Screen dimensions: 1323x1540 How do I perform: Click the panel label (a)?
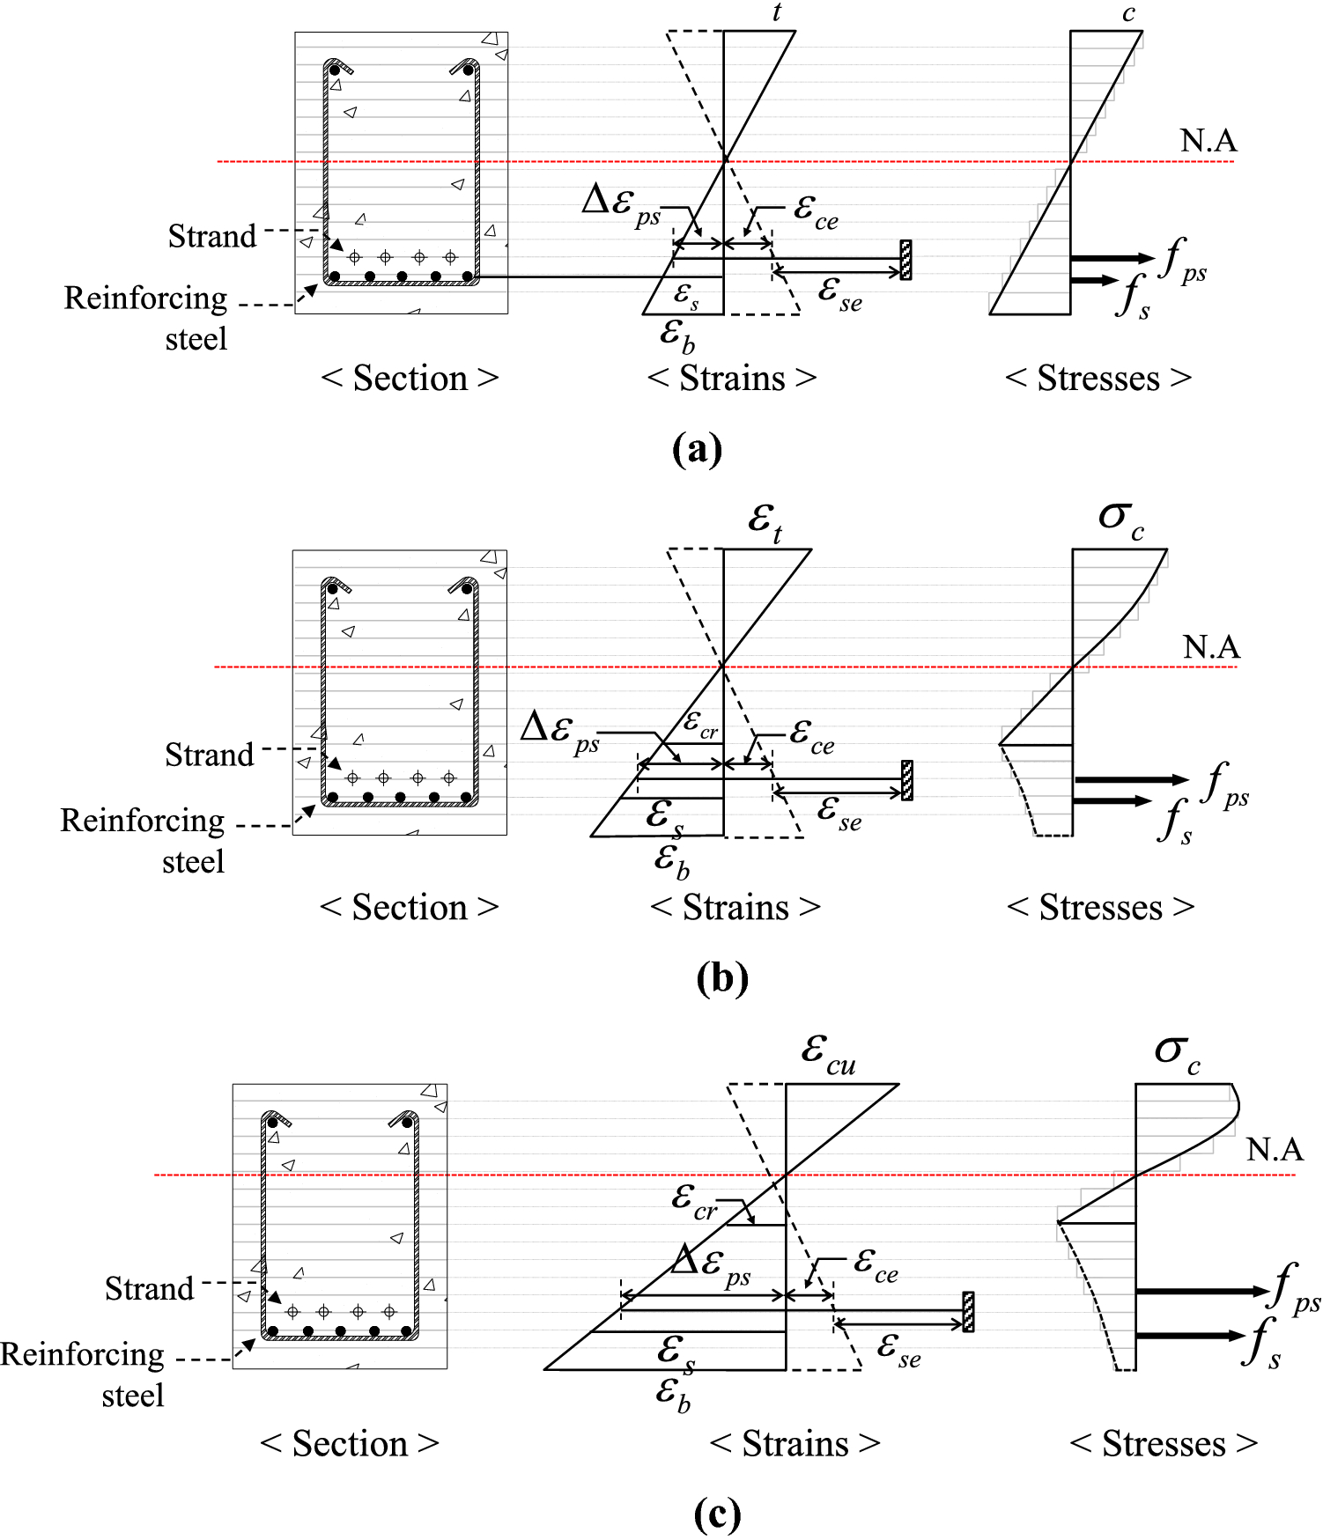(x=697, y=449)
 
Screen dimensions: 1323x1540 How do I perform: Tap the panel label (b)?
(x=721, y=977)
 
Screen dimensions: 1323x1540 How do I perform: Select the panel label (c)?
(x=717, y=1514)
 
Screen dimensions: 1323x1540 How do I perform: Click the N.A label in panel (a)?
(x=1208, y=141)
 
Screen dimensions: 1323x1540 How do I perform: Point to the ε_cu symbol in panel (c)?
(x=828, y=1053)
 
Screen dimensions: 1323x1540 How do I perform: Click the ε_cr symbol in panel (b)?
(x=701, y=726)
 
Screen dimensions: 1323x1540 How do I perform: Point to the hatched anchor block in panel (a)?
(x=905, y=260)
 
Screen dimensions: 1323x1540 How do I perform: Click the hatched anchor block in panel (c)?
(x=968, y=1312)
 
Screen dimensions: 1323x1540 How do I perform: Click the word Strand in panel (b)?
(x=209, y=755)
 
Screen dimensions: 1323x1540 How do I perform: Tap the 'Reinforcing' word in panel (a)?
(x=145, y=298)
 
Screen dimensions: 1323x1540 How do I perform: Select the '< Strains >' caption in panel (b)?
(x=735, y=907)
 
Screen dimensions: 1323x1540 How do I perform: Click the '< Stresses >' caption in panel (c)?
(x=1163, y=1444)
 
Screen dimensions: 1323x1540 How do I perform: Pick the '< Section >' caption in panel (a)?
(x=410, y=379)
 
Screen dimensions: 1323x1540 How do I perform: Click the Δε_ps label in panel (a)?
(x=621, y=204)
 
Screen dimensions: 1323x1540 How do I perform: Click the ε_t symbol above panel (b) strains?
(x=765, y=522)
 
